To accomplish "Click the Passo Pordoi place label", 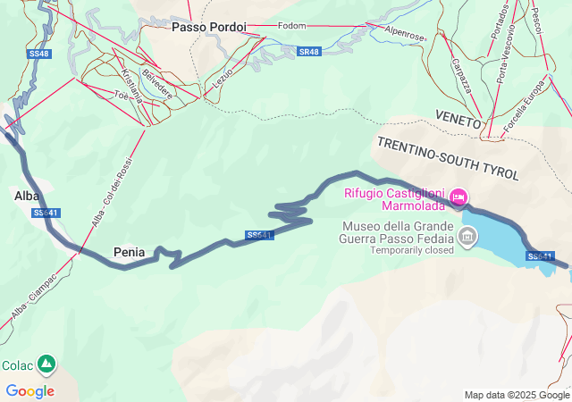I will click(208, 28).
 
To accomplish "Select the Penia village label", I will click(130, 253).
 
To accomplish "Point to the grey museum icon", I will click(467, 237).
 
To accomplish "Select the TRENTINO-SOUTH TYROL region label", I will click(447, 159).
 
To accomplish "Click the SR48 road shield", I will click(308, 52).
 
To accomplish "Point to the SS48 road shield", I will click(38, 54).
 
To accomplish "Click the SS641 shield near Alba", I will click(46, 213).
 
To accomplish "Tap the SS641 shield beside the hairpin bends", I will click(258, 236).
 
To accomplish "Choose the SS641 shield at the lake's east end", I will click(541, 256).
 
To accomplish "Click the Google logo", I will click(29, 390).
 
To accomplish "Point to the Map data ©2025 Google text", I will click(517, 395).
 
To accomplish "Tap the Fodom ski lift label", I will click(291, 26).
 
